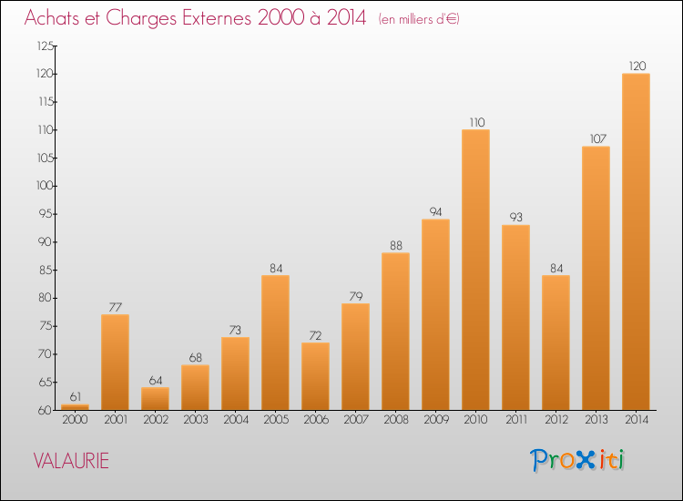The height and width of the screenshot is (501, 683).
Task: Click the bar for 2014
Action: (x=636, y=241)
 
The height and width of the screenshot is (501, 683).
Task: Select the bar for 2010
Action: (x=475, y=270)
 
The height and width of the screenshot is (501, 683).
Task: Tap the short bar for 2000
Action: (x=75, y=407)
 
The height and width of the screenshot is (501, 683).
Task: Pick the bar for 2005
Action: (x=275, y=343)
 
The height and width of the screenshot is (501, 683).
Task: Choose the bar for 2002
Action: (x=155, y=399)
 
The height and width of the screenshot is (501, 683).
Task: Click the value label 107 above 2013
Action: (x=598, y=138)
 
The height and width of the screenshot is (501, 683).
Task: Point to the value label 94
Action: (x=435, y=211)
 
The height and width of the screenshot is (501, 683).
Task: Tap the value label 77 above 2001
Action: (x=115, y=307)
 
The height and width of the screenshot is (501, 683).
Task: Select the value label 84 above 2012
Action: (x=556, y=268)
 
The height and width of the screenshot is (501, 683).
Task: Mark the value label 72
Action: (x=315, y=335)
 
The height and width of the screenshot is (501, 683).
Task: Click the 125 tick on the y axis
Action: (x=46, y=46)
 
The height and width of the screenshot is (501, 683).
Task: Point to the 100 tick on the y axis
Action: (x=45, y=186)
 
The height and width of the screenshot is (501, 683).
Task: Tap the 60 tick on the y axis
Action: (x=46, y=410)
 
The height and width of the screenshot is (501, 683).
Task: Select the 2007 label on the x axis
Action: (x=356, y=420)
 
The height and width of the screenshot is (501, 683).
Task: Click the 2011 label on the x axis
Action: (x=516, y=420)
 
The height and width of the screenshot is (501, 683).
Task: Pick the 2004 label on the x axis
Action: (x=236, y=420)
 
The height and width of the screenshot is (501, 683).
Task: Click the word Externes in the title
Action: (x=217, y=17)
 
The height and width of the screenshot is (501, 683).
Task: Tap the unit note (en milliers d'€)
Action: (x=419, y=19)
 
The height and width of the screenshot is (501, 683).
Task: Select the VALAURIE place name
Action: (x=71, y=461)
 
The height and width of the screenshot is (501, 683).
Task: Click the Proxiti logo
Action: (x=577, y=460)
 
